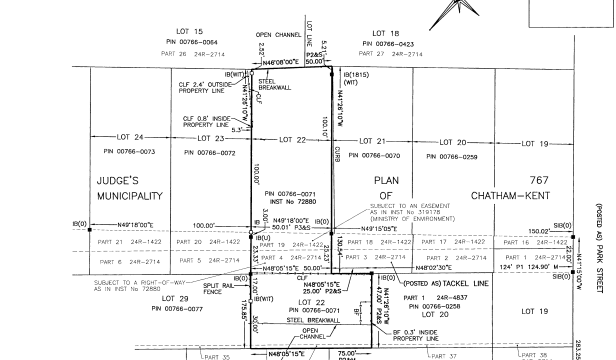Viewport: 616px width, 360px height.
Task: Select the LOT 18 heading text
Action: (x=385, y=33)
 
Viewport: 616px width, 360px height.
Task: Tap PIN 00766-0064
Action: (x=191, y=42)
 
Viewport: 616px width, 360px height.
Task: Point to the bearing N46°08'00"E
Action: (x=284, y=63)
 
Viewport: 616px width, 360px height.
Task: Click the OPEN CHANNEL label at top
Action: (x=278, y=35)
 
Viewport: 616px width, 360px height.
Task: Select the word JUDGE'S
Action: (x=120, y=180)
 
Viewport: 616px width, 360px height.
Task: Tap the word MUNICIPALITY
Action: (x=130, y=196)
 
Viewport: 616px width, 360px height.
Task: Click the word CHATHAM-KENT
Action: (x=510, y=196)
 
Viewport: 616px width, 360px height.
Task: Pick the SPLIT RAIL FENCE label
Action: (x=215, y=288)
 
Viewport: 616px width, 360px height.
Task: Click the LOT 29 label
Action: (x=175, y=299)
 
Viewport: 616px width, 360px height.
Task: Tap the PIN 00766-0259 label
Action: (x=451, y=157)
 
